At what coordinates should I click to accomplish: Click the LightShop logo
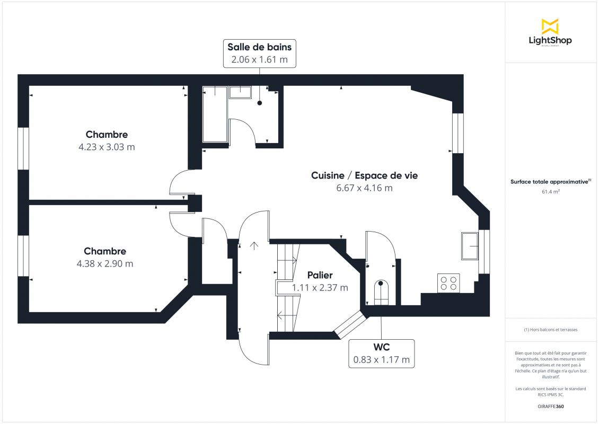550,32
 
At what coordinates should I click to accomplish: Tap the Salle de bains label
259,47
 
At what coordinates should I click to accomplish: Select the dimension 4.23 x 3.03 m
107,147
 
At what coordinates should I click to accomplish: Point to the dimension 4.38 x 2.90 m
104,263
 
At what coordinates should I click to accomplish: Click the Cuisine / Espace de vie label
365,175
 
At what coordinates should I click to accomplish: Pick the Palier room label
320,275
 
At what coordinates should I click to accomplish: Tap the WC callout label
381,347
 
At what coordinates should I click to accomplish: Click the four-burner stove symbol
448,283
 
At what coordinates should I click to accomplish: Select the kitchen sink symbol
470,245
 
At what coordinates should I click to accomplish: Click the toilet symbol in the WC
381,292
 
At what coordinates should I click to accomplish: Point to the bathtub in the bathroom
215,114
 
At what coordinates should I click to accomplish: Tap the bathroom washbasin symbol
240,92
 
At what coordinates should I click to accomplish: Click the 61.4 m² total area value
550,192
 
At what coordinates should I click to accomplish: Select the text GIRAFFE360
550,407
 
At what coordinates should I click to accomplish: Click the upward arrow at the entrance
254,245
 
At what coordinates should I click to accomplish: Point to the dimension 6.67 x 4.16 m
365,188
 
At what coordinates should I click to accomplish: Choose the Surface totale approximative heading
550,182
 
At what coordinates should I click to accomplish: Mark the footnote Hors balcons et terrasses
550,330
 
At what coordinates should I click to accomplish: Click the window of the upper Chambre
23,148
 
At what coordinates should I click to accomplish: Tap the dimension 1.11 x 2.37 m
320,288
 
